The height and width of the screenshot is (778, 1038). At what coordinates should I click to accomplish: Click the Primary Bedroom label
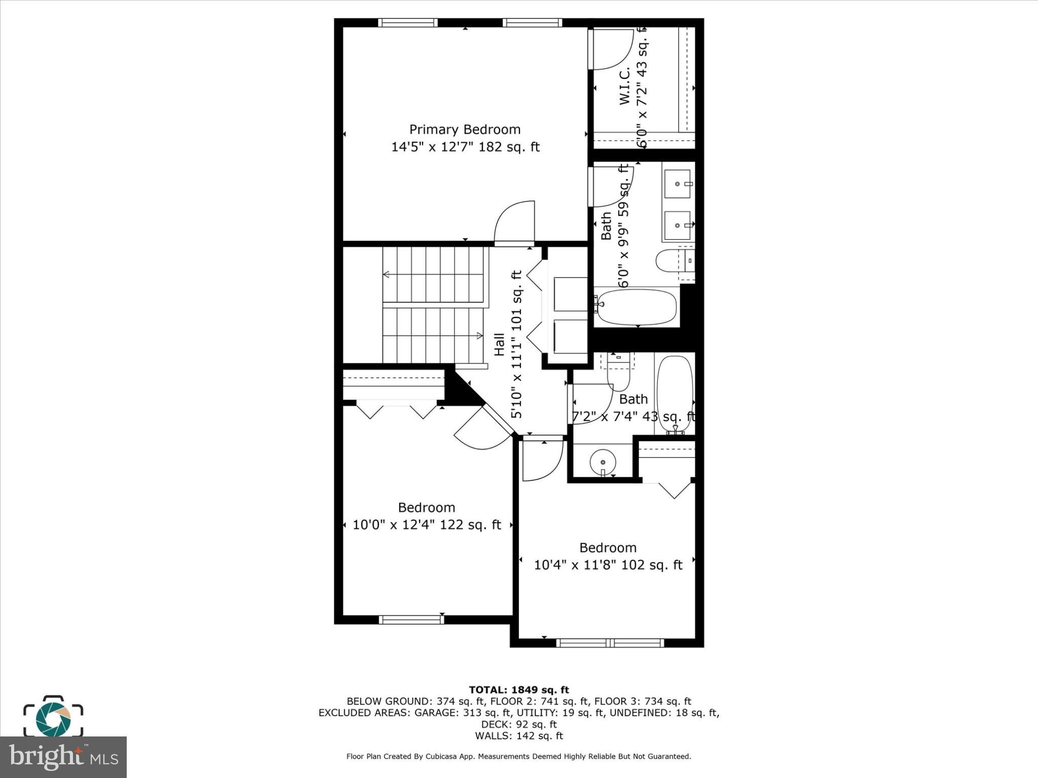(x=465, y=130)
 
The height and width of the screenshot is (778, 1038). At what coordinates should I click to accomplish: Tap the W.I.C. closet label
(x=625, y=86)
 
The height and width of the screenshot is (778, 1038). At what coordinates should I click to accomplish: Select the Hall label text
(x=499, y=344)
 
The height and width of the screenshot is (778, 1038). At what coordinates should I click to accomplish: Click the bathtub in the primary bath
(x=637, y=307)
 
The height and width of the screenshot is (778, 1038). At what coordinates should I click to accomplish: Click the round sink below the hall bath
(x=602, y=462)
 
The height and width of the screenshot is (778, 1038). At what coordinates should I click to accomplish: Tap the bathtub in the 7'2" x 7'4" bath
(x=675, y=394)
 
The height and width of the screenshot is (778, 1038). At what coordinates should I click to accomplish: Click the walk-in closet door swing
(x=612, y=49)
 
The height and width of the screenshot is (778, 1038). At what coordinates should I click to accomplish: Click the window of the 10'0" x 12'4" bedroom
(x=412, y=619)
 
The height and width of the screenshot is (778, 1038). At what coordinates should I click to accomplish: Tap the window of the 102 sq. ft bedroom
(x=610, y=643)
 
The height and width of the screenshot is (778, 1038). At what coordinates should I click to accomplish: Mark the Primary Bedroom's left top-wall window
(x=408, y=23)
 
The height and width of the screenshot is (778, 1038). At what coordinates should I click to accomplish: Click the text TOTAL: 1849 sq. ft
(x=518, y=690)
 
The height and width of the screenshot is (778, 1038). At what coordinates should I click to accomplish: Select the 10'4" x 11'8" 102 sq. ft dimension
(x=608, y=565)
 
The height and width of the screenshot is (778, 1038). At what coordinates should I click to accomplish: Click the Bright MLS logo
(x=63, y=757)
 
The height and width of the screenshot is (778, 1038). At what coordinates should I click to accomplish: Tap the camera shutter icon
(x=53, y=719)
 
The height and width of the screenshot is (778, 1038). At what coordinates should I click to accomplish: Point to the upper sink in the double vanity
(x=677, y=183)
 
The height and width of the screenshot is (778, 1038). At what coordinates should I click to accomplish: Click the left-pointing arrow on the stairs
(x=386, y=275)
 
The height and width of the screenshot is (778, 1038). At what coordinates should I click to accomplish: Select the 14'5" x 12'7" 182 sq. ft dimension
(x=465, y=147)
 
